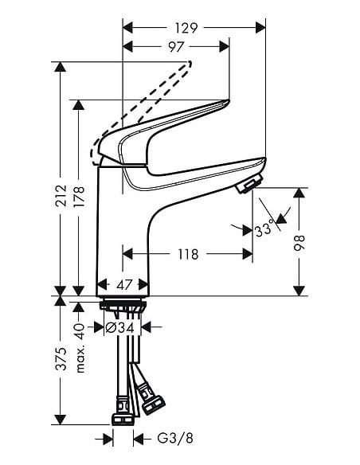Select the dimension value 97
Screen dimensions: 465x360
[176, 47]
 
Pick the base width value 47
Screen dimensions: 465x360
[123, 284]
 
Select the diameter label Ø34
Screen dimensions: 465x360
[123, 326]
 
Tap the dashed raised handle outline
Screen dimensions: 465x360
[143, 104]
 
